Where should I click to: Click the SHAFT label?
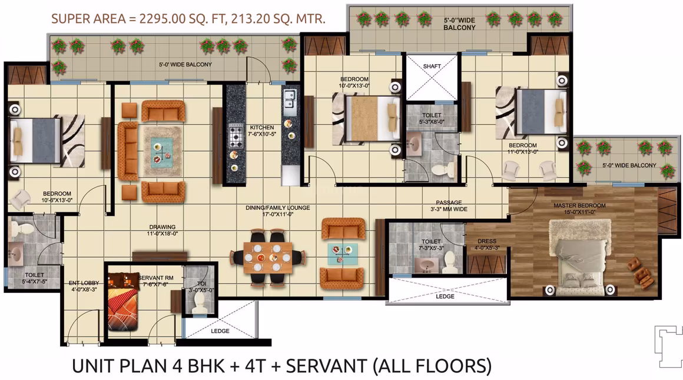click(432, 66)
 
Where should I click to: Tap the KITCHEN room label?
click(262, 131)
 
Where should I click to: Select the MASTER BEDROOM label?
click(579, 208)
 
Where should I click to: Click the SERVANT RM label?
click(156, 281)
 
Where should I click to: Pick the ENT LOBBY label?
click(84, 286)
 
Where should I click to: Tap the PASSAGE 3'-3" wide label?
click(449, 206)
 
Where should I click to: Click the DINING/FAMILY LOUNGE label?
click(278, 211)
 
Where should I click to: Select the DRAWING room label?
click(162, 230)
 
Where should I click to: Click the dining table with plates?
click(267, 257)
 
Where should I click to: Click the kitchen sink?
click(289, 99)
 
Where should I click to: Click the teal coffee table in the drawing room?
click(161, 152)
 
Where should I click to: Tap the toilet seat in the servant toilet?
click(200, 301)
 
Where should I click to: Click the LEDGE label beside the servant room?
click(220, 331)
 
